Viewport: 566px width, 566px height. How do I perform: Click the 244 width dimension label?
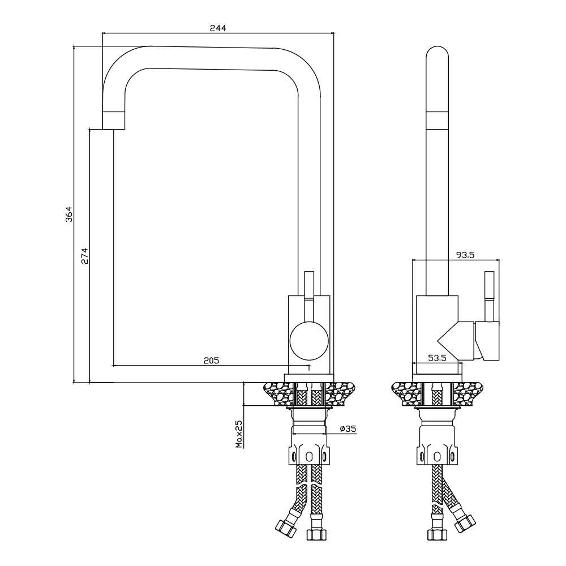point(218,28)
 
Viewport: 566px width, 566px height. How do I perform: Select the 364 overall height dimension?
point(69,214)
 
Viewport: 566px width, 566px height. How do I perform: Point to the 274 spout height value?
point(84,256)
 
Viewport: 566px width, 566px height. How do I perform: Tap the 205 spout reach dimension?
point(211,360)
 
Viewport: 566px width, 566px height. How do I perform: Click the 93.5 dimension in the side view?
point(465,255)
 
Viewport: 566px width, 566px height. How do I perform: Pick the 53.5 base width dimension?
point(437,358)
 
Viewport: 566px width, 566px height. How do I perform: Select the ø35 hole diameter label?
point(348,428)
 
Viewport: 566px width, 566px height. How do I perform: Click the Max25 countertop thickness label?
point(239,434)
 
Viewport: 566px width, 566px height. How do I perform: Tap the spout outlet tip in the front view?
point(114,121)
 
